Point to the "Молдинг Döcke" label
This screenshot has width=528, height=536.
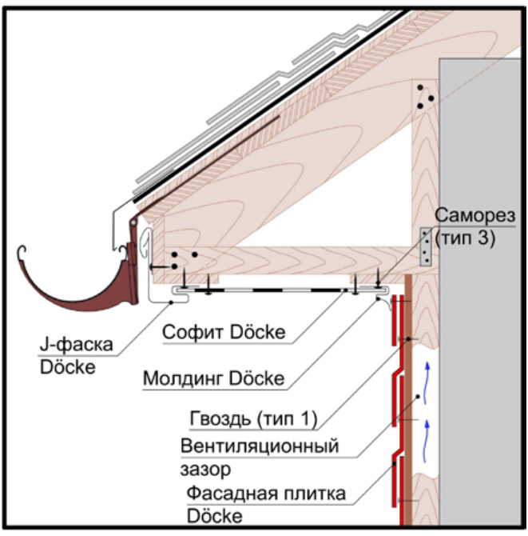[x=213, y=377]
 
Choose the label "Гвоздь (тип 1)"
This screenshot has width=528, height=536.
[x=254, y=419]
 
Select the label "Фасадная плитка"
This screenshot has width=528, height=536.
[x=266, y=494]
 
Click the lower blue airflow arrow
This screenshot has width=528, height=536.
[x=432, y=434]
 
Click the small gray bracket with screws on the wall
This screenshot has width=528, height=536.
[x=427, y=246]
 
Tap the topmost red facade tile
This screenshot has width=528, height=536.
[x=395, y=320]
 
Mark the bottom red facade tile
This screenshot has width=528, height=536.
[x=395, y=484]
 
